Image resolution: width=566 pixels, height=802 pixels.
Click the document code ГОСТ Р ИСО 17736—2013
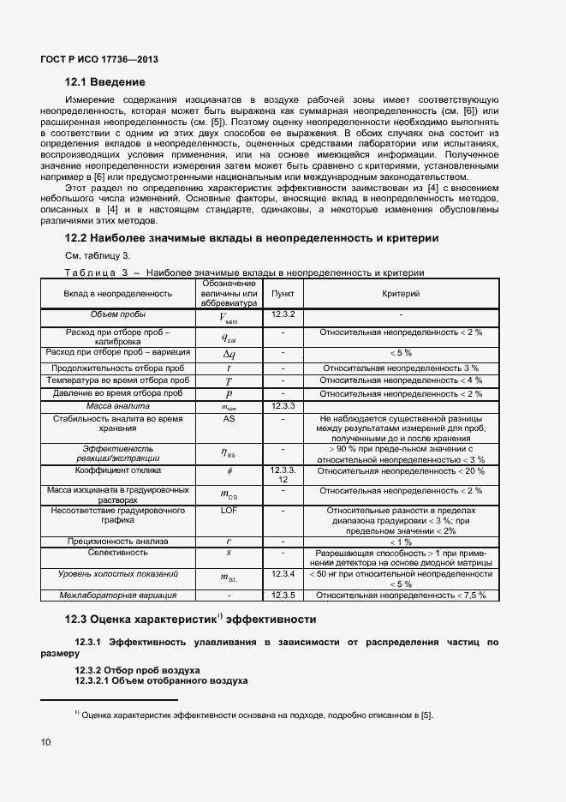99,60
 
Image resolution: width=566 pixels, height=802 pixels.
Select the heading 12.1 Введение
105,82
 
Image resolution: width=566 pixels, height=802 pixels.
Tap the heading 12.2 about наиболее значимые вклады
252,237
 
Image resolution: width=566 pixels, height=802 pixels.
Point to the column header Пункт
283,293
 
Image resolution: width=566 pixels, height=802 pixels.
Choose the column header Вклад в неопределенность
117,293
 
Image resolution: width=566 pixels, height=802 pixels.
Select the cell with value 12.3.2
283,314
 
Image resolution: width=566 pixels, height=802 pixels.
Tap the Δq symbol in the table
229,353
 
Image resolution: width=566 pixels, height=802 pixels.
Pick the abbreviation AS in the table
229,419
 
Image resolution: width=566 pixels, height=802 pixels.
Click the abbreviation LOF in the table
229,510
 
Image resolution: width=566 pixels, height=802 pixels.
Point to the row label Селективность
118,553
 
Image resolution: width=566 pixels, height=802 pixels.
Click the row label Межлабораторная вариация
118,595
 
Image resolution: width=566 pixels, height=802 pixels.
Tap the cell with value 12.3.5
283,595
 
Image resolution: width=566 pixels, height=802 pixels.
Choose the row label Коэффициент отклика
118,470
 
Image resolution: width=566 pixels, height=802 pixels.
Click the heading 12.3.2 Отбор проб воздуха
137,669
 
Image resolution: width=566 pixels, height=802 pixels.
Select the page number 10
45,741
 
